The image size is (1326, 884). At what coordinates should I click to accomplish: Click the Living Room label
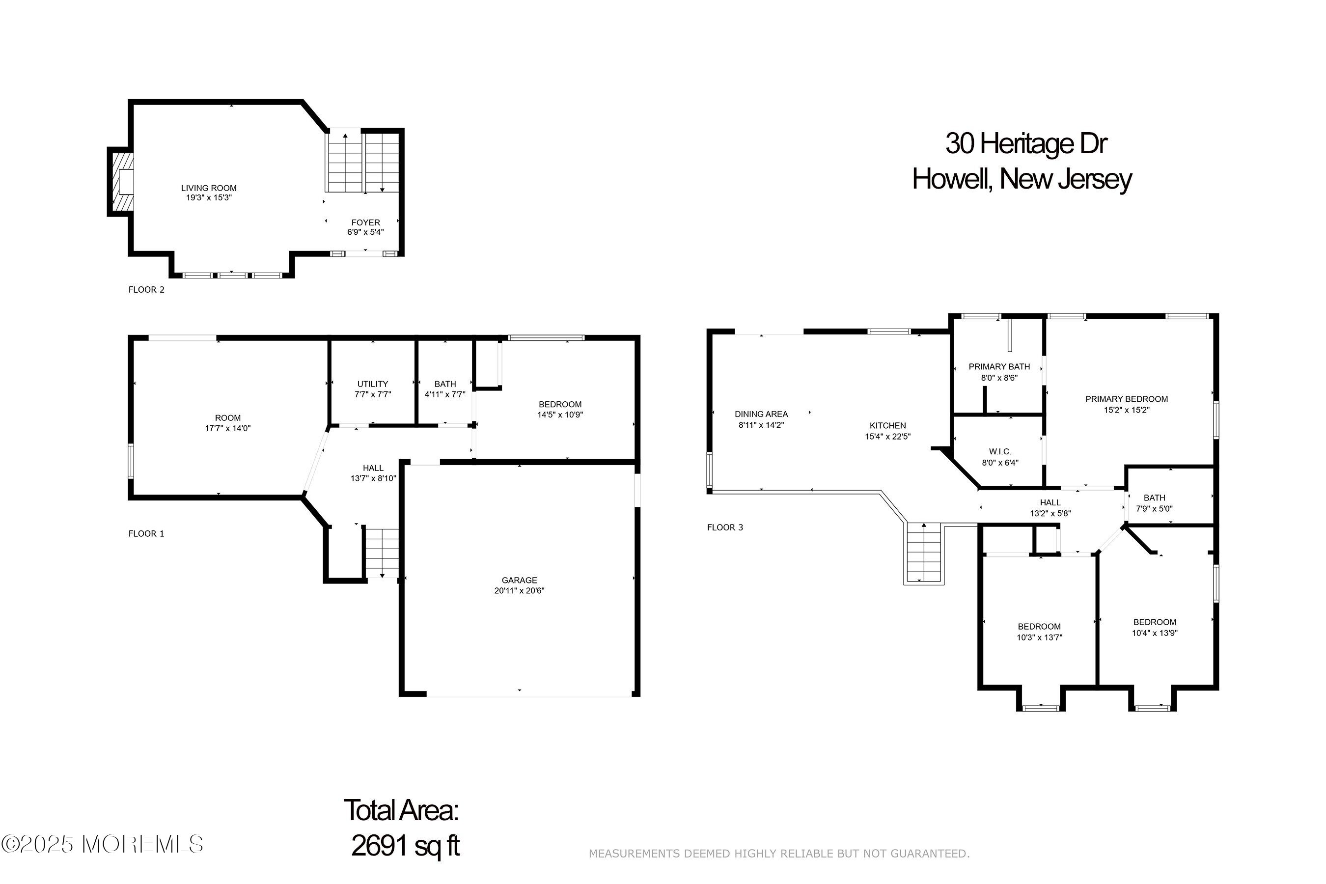pos(209,188)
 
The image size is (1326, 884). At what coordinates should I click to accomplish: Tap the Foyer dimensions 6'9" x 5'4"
pos(365,232)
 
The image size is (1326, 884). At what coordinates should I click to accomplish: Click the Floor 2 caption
pos(146,290)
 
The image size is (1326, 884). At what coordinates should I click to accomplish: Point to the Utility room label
pos(373,385)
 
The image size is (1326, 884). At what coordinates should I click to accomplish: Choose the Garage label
pos(519,580)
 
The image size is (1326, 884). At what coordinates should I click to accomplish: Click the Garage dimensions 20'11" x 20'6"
pos(519,591)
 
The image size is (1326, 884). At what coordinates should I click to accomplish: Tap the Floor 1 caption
pos(146,534)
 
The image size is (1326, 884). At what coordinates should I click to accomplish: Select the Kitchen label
pos(888,426)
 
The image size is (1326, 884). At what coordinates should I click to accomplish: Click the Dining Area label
pos(761,414)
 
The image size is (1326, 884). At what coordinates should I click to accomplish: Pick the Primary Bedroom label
pos(1127,399)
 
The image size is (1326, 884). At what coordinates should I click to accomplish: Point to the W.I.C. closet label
pos(1000,452)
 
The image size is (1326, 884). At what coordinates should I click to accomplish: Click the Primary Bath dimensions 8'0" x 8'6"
pos(999,378)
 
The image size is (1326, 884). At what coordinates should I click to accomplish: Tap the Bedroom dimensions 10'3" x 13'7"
pos(1039,637)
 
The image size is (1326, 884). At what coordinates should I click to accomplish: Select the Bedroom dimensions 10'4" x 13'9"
pos(1155,633)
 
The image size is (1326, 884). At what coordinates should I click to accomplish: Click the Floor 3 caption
pos(725,527)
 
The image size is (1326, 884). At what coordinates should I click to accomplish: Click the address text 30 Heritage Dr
pos(1026,144)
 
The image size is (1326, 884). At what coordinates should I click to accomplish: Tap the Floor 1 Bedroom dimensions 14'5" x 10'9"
pos(560,415)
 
